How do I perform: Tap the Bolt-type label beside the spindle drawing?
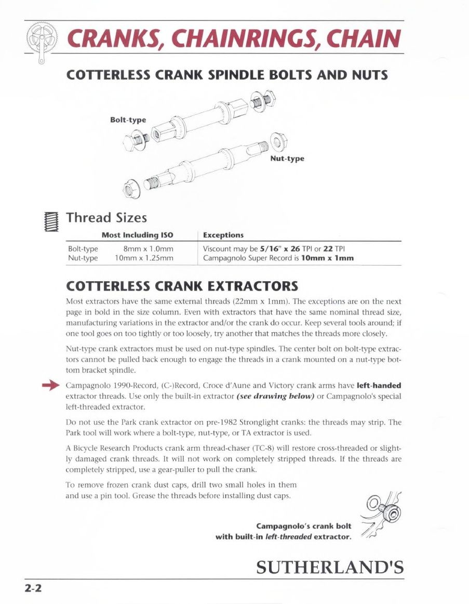(x=128, y=120)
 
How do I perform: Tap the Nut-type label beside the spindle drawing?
(x=287, y=158)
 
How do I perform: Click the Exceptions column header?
(x=223, y=235)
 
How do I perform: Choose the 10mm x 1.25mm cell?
(x=144, y=257)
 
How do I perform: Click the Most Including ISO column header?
(x=137, y=235)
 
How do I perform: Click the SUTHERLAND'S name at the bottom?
(x=330, y=567)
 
